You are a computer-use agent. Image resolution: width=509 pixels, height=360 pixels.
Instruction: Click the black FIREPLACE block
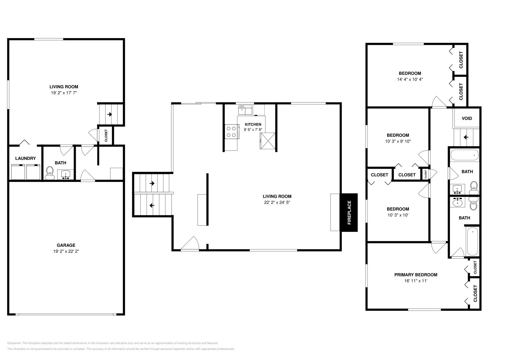coord(349,212)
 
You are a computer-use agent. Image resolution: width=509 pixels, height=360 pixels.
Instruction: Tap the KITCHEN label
coord(253,124)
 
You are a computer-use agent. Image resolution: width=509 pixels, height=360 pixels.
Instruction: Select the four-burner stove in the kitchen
coord(231,132)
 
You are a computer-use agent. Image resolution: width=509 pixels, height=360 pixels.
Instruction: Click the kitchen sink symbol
coord(245,110)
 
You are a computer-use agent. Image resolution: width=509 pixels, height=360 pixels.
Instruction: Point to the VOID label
coord(467,118)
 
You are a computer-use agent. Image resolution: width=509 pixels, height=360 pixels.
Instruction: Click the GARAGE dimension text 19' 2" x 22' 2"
coord(66,251)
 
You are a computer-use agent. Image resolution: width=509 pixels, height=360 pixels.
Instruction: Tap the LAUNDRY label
coord(25,158)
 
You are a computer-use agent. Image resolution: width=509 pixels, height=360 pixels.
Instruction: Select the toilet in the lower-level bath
coord(49,173)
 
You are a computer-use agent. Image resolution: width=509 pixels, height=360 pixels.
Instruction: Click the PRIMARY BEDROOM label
coord(415,275)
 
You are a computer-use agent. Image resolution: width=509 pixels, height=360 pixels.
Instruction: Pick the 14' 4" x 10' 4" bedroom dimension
coord(410,80)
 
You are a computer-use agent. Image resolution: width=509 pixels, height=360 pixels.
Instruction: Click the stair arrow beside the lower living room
coord(110,114)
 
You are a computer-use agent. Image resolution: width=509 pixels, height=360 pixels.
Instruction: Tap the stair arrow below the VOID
coord(466,137)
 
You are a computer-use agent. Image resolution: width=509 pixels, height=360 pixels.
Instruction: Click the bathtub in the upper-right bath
coord(464,155)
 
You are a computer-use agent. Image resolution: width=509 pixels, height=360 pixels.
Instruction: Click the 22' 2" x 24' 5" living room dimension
coord(277,202)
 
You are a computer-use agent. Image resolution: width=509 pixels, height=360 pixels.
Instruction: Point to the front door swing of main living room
coord(191,244)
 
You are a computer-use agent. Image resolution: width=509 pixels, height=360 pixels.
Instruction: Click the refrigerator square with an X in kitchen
coord(267,141)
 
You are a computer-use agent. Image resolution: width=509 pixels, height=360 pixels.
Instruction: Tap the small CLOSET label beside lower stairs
coord(106,136)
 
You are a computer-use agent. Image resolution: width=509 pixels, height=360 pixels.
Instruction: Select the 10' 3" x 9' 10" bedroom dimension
coord(398,141)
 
